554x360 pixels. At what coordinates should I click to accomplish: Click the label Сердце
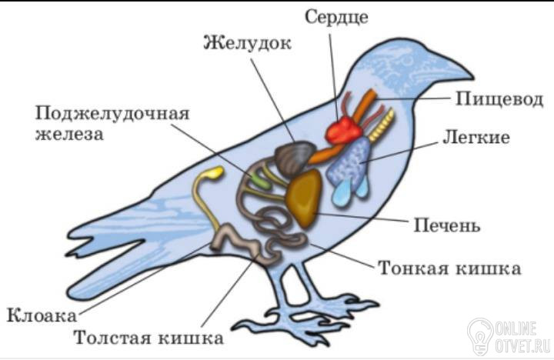click(x=336, y=18)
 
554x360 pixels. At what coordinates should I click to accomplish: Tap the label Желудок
click(x=247, y=43)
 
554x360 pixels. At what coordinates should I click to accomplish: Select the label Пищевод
click(x=499, y=98)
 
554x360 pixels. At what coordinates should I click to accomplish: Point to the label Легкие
click(x=476, y=137)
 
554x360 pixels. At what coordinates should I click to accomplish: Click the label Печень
click(x=447, y=225)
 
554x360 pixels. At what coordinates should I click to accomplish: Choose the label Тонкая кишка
click(x=450, y=268)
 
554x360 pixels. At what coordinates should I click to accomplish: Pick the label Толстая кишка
click(x=149, y=338)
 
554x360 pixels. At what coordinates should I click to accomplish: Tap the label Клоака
click(x=42, y=315)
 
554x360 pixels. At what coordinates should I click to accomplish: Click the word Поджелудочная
click(x=112, y=114)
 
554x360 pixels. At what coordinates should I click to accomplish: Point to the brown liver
click(x=305, y=198)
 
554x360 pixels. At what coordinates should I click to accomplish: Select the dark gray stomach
click(x=294, y=158)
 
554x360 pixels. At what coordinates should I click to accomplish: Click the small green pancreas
click(x=260, y=181)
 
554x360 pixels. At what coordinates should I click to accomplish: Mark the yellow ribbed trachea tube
click(x=381, y=125)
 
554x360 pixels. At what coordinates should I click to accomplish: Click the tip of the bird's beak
click(x=472, y=77)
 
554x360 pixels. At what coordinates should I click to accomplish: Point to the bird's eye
click(x=407, y=61)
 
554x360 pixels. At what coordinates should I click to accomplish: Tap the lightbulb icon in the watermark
click(x=480, y=336)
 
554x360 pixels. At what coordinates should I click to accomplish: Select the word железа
click(x=69, y=135)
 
